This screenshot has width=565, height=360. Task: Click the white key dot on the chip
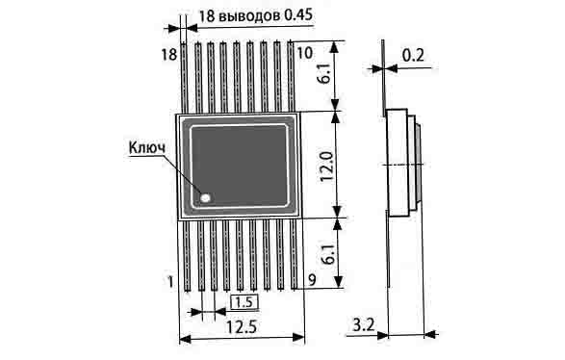[x=205, y=197]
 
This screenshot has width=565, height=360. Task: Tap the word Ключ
[x=147, y=147]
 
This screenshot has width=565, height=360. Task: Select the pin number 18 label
[x=169, y=55]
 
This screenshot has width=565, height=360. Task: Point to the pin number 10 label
[x=305, y=53]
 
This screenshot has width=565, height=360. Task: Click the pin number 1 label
[x=170, y=281]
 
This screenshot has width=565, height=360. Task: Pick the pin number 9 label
[x=312, y=280]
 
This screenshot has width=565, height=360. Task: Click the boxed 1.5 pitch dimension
[x=244, y=302]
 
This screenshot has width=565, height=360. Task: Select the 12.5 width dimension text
[x=242, y=327]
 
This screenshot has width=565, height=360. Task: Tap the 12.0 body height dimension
[x=327, y=167]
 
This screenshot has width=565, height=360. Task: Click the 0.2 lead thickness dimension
[x=413, y=56]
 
